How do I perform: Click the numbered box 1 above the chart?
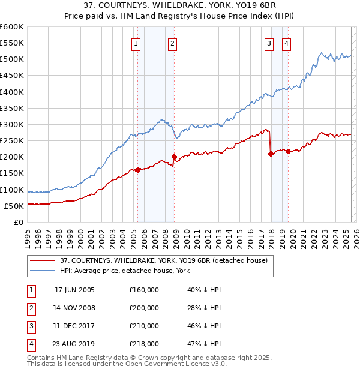[x=136, y=43]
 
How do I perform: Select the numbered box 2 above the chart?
[x=172, y=43]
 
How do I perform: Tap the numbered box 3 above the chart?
[x=269, y=43]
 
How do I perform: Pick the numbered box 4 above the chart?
[x=287, y=43]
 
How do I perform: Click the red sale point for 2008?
[x=175, y=157]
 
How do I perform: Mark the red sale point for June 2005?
[x=138, y=170]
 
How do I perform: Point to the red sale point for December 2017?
[x=271, y=154]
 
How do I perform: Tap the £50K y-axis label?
[x=14, y=206]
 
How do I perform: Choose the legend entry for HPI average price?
[x=124, y=271]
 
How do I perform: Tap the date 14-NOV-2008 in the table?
[x=74, y=308]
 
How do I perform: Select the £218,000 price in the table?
[x=144, y=344]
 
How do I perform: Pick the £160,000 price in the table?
[x=144, y=290]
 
